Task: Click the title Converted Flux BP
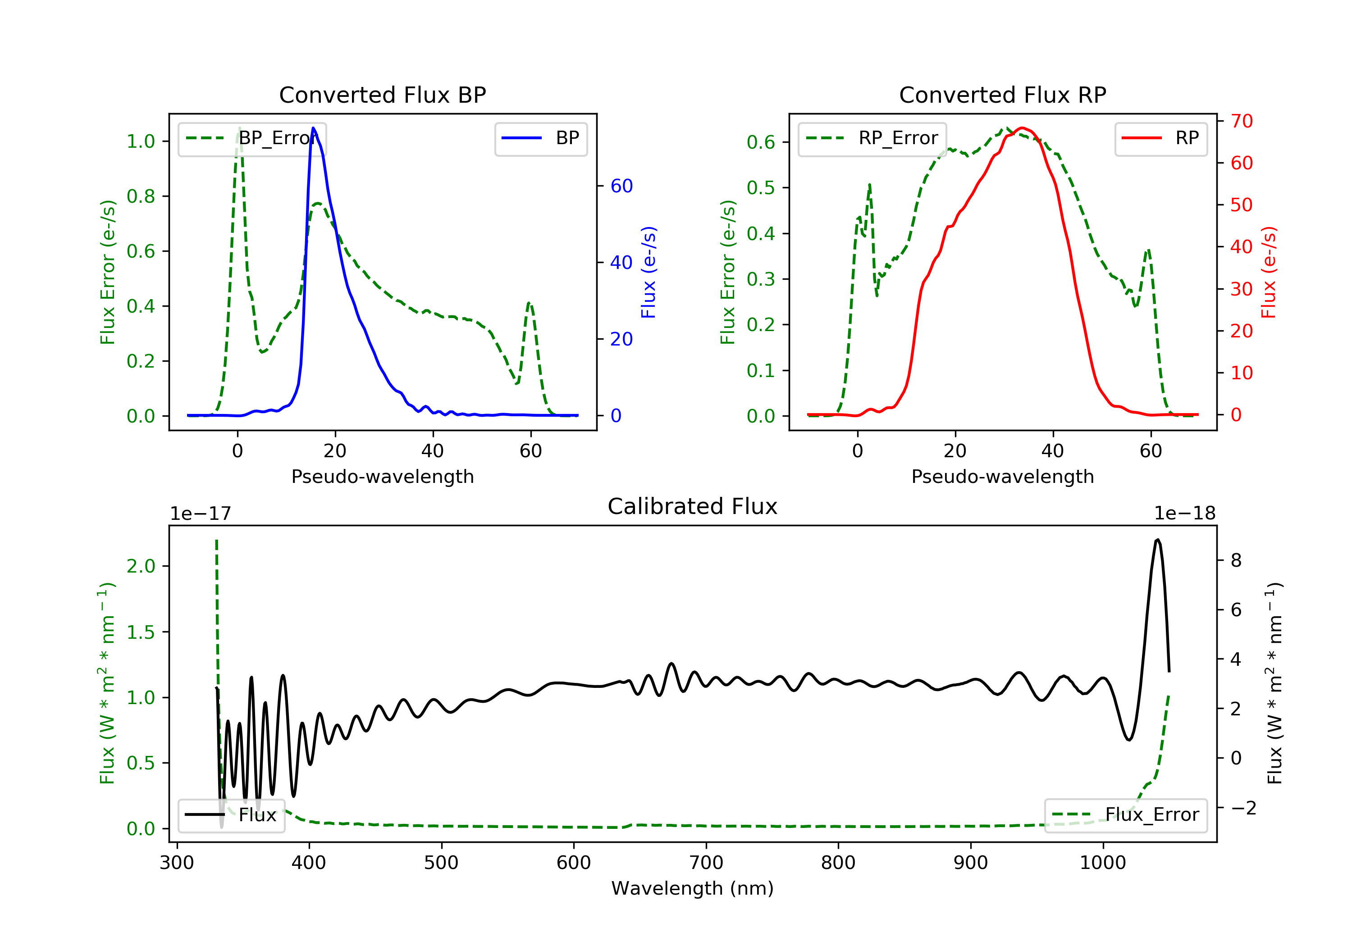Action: coord(382,95)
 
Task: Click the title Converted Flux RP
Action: coord(1002,95)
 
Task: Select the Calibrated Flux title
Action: coord(693,506)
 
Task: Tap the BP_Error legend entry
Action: coord(252,138)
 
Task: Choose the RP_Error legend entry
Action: coord(872,138)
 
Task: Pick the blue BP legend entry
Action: coord(540,138)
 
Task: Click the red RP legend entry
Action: coord(1160,138)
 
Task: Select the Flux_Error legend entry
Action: coord(1125,815)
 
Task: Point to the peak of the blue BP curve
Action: coord(313,128)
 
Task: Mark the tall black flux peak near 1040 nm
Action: coord(1158,539)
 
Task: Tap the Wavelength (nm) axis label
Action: coord(693,888)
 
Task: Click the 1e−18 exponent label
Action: coord(1184,514)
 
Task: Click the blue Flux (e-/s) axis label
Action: coord(649,272)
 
